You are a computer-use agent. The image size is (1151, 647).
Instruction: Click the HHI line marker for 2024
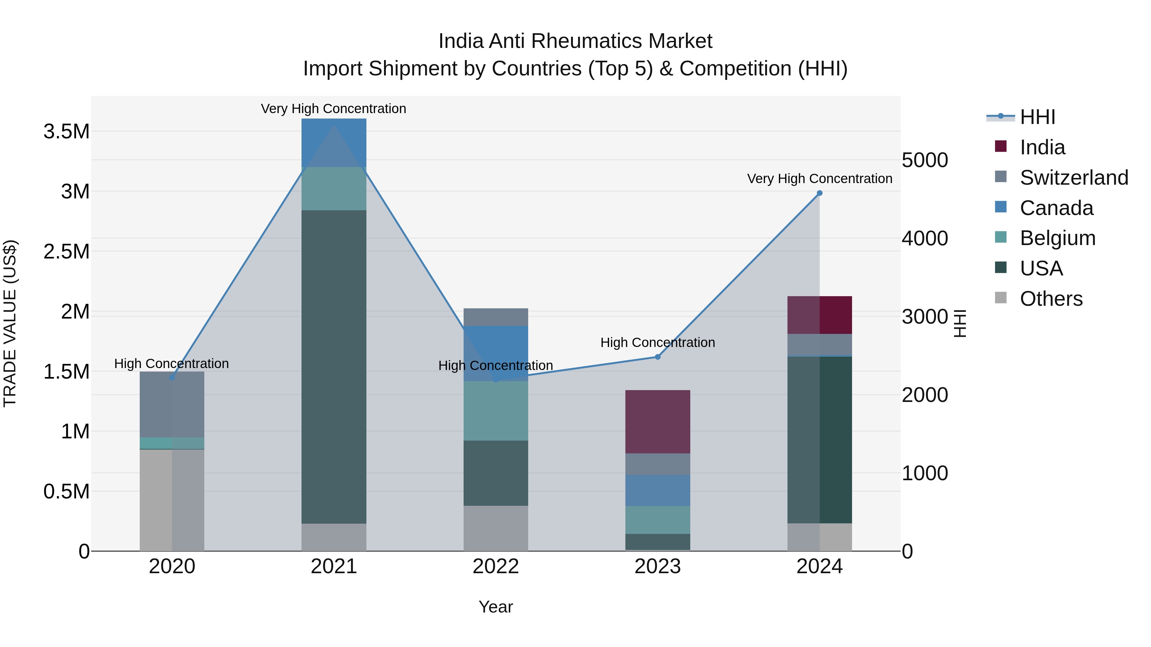[819, 193]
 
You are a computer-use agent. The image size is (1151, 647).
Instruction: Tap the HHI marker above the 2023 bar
[658, 357]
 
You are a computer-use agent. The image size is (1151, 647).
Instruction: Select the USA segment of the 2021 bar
[334, 366]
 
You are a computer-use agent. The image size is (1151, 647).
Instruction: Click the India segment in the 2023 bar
[658, 421]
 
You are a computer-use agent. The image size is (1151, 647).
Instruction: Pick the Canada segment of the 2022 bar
[496, 353]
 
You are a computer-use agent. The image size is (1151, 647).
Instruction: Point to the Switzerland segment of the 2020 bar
[172, 404]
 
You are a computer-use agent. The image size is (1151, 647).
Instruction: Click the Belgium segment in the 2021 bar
[334, 189]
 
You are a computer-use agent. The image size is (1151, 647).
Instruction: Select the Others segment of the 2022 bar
[496, 528]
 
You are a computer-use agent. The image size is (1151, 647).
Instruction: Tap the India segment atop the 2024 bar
[819, 315]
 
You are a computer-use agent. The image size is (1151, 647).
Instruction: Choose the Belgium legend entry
[1058, 238]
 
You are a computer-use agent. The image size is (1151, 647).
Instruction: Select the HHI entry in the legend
[1037, 117]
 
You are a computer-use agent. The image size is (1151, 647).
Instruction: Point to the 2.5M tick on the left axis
[66, 251]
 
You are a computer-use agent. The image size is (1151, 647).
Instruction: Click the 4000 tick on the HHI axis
[924, 238]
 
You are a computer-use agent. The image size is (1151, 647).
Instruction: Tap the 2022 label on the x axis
[496, 566]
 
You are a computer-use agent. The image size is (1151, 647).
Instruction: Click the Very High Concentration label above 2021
[334, 109]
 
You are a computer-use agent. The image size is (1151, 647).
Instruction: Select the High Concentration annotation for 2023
[658, 343]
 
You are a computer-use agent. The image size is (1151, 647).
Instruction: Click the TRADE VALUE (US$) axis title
[10, 323]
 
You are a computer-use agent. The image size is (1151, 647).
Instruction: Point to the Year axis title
[496, 607]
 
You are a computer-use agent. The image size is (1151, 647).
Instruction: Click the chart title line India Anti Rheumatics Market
[575, 41]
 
